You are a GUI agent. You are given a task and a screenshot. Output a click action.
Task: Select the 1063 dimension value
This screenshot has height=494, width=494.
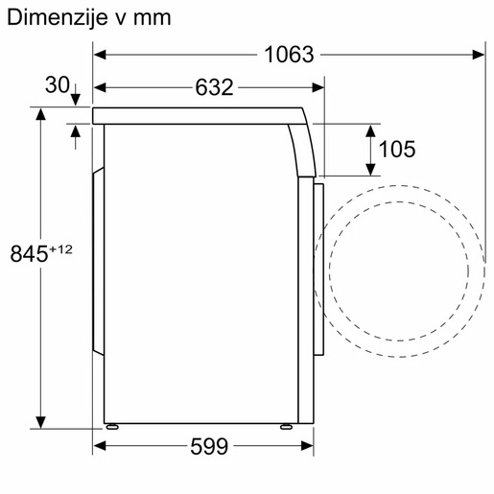(x=289, y=55)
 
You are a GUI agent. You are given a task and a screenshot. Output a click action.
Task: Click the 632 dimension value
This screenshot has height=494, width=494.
(x=214, y=87)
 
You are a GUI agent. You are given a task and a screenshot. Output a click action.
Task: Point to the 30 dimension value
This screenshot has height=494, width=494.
(x=57, y=86)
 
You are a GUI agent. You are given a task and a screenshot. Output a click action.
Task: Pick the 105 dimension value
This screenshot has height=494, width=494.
(x=396, y=149)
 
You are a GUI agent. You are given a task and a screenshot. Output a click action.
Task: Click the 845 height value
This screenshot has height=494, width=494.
(x=29, y=254)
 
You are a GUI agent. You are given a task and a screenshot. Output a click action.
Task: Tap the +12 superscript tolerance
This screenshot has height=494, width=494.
(x=62, y=249)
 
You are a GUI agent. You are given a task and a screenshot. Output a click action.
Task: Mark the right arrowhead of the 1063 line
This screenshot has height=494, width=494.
(x=481, y=55)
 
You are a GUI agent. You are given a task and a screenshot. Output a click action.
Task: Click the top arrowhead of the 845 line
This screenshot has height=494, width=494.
(x=41, y=114)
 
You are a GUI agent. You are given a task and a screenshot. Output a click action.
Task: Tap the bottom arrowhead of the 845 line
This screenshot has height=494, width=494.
(x=41, y=423)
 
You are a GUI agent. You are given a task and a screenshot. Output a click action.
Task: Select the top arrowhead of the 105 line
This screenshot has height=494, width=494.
(x=370, y=129)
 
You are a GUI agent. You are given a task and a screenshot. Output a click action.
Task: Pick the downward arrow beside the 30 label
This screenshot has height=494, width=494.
(x=76, y=94)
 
